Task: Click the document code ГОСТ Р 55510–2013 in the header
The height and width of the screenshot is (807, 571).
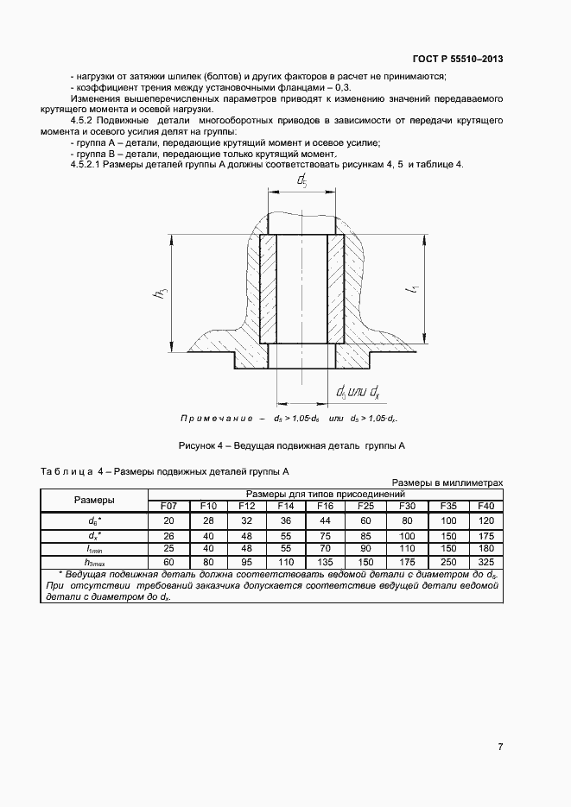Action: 459,59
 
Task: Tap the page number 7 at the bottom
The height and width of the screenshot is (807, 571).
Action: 500,747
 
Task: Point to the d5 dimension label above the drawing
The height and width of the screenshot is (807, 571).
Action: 301,180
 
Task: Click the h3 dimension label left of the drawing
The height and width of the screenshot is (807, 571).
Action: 160,293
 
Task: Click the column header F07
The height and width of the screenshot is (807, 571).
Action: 168,505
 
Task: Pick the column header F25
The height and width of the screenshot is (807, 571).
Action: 365,505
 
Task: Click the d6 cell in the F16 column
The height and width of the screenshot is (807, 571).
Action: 325,520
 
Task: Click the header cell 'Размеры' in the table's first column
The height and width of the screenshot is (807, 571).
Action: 95,499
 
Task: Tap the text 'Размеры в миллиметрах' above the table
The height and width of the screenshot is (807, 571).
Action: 447,482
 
